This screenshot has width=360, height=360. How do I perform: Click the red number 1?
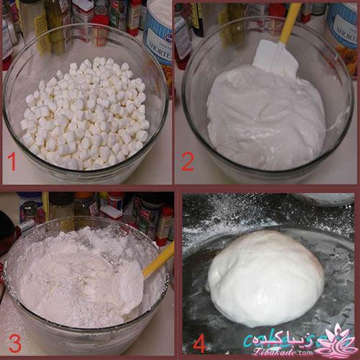click(12, 162)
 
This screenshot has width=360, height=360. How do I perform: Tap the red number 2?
click(187, 162)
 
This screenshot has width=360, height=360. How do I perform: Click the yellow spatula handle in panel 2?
click(289, 22)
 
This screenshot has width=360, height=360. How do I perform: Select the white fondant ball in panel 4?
click(265, 277)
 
